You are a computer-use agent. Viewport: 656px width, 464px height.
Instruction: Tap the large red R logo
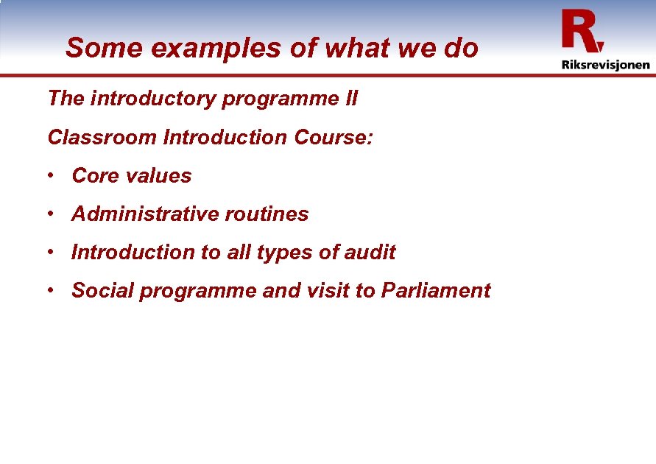582,31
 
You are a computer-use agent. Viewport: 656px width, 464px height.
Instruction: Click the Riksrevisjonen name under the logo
605,64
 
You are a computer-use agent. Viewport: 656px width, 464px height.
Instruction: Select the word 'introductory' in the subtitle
154,99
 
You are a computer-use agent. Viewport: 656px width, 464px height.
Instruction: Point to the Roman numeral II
350,99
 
